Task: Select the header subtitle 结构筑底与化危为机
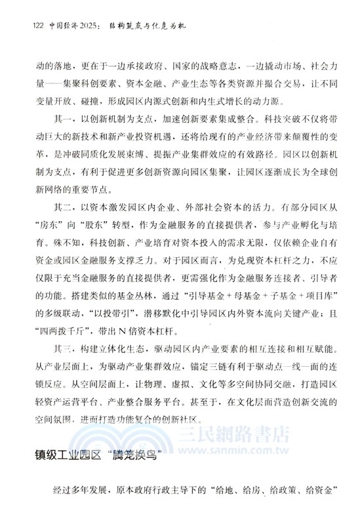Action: (146, 26)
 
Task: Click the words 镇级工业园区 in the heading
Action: (66, 455)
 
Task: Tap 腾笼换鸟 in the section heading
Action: (142, 455)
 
